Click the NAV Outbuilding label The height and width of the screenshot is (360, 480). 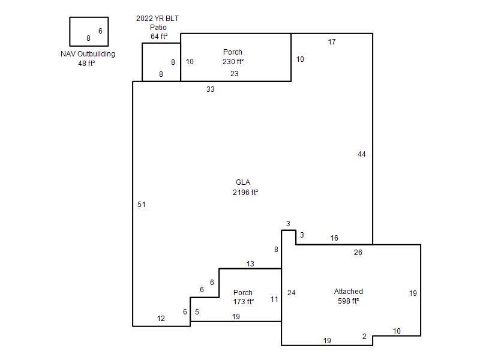click(88, 54)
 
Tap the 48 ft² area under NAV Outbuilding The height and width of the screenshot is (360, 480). click(86, 64)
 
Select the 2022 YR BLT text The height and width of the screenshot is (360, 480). click(157, 19)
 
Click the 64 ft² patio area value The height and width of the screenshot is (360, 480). click(159, 37)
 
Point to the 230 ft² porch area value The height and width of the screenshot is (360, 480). click(233, 62)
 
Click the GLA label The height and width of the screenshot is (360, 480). click(243, 182)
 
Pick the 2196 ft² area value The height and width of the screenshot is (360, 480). click(245, 192)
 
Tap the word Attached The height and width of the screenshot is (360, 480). click(349, 292)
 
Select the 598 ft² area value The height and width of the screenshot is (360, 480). click(349, 301)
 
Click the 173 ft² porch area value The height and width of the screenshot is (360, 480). click(244, 302)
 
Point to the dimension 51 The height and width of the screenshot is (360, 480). click(142, 205)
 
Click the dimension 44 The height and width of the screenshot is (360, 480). click(362, 154)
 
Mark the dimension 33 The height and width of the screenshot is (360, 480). click(211, 89)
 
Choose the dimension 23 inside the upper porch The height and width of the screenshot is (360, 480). click(235, 73)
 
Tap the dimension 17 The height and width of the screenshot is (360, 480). click(332, 42)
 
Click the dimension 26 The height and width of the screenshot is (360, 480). click(358, 252)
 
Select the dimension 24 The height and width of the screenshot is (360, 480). click(292, 293)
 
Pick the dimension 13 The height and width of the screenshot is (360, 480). click(250, 263)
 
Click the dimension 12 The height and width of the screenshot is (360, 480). click(161, 319)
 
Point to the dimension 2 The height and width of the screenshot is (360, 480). click(364, 337)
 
